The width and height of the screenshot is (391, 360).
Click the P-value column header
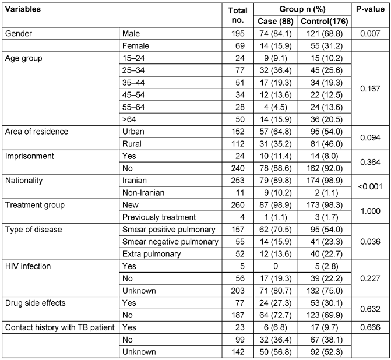click(x=368, y=10)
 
